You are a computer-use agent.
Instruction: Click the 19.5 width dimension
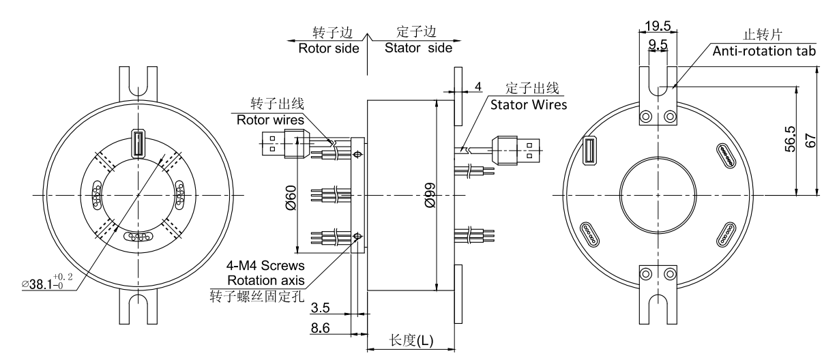pyautogui.click(x=658, y=26)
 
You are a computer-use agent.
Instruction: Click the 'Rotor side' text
pyautogui.click(x=327, y=48)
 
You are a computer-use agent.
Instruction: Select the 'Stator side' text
pyautogui.click(x=417, y=48)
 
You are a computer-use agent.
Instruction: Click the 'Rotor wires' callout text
pyautogui.click(x=269, y=119)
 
